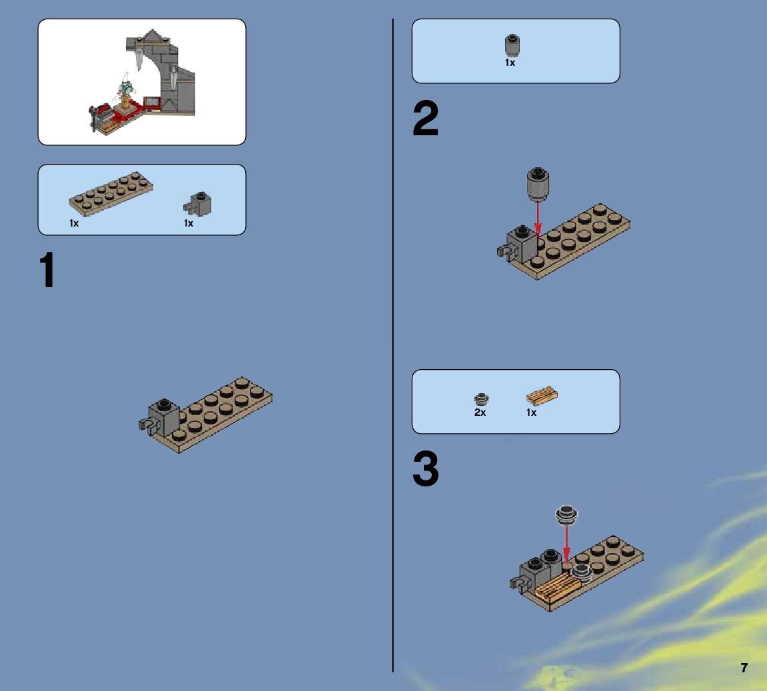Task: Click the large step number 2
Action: click(426, 118)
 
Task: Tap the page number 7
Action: click(744, 668)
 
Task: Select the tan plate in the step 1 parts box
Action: click(111, 194)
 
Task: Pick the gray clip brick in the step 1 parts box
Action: click(198, 204)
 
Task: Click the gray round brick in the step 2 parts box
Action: click(512, 45)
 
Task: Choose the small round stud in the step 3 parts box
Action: click(481, 399)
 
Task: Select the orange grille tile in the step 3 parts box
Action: click(542, 396)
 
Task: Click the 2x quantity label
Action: click(480, 412)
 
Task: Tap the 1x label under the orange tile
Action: click(531, 412)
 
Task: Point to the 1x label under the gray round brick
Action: click(510, 63)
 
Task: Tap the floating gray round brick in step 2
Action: click(538, 185)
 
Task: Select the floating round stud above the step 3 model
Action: click(567, 515)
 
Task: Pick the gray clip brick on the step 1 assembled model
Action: click(159, 416)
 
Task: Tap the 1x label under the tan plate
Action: click(74, 223)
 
